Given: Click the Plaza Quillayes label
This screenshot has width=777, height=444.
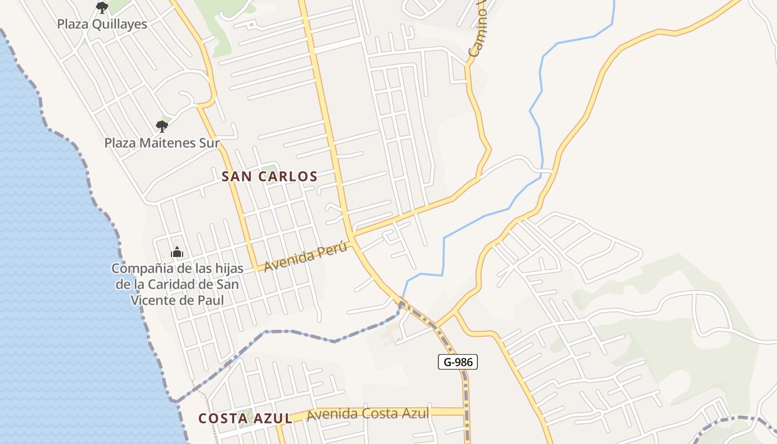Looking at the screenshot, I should coord(102,24).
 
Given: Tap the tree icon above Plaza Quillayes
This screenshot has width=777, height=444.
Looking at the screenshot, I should coord(102,8).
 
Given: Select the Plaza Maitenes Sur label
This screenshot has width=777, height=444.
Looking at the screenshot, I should coord(162,143).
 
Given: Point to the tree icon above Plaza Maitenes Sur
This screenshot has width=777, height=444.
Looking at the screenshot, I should coord(162,127).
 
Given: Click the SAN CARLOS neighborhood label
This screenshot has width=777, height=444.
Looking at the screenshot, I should coord(269,176).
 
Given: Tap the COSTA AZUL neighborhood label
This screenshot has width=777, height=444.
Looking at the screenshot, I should coord(245,418).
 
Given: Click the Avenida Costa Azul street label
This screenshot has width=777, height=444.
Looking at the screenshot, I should coord(368,413).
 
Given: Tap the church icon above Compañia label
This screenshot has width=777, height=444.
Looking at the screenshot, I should coord(177,253).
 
